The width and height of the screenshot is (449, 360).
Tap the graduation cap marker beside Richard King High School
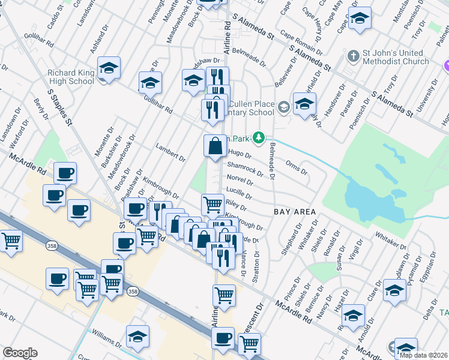coord(109,68)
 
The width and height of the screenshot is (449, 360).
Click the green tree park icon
coord(259,138)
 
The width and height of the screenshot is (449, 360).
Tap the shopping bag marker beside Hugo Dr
coord(215,146)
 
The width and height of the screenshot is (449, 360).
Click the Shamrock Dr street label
coord(245,169)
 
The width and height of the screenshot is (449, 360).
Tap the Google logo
coord(20,353)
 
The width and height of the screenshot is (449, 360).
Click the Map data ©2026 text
coord(424,355)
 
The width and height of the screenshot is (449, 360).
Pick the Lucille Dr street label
coord(239,193)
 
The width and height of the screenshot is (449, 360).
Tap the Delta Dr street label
coord(430,311)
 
